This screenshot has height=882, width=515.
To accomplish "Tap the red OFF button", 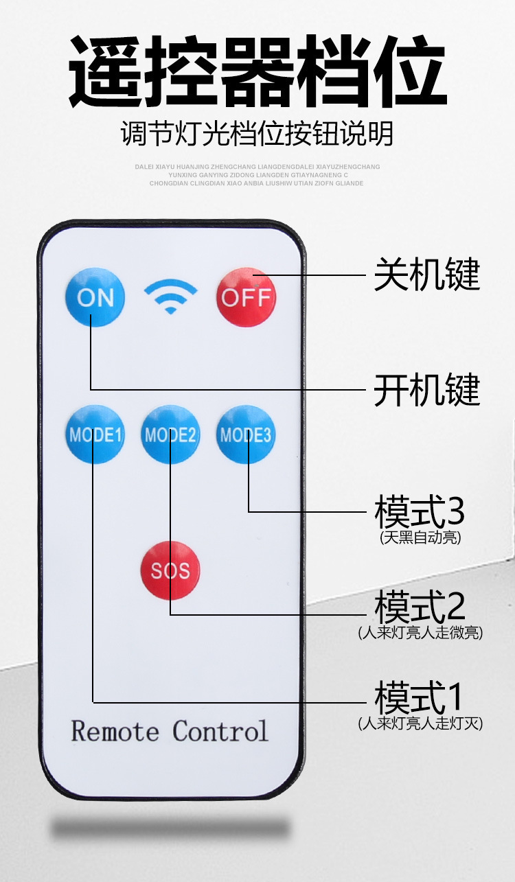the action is point(246,297).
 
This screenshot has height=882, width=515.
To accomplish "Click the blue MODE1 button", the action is point(95,434).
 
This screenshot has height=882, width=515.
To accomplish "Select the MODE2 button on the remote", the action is point(170,434).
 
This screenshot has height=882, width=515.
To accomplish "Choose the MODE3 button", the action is point(245,434).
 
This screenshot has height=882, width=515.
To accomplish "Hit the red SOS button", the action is point(170,570).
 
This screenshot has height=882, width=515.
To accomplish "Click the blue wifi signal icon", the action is point(170,296).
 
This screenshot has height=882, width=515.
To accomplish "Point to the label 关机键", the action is point(426,275).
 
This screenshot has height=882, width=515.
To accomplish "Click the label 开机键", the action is point(426,390).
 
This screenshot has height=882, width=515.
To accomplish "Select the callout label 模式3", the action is point(420,511).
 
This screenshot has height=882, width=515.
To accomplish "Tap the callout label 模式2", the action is point(420,606).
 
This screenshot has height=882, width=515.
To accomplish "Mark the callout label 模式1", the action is point(420,697).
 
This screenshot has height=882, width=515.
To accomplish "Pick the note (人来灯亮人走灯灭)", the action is point(420,723).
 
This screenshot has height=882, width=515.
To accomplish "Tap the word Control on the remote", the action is point(220,731).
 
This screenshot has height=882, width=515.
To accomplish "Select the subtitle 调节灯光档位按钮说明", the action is point(257,133).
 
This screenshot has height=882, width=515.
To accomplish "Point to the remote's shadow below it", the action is point(170,828).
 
